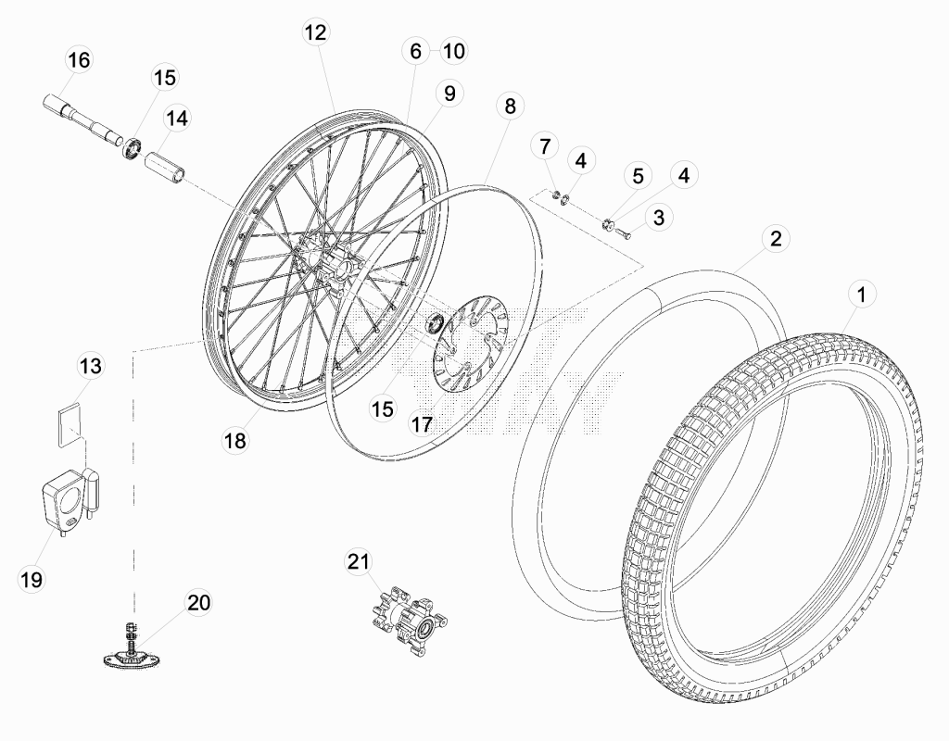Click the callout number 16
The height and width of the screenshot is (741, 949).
point(79,60)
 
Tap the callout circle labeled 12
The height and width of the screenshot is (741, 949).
point(315,32)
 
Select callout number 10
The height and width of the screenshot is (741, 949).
point(453,51)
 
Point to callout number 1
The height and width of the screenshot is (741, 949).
point(862,295)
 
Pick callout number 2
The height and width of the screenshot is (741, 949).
point(776,238)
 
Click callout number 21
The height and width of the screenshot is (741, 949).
point(358,561)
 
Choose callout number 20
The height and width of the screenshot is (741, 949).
point(198,602)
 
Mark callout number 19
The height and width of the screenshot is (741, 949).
point(32,580)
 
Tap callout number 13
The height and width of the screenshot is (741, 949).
point(91,365)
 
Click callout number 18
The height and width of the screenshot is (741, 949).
point(235,440)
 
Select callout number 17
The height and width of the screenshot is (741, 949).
point(422,424)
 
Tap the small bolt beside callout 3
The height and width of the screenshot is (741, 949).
point(624,231)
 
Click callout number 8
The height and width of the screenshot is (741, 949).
point(510,106)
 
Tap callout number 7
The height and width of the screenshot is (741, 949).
point(545,145)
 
